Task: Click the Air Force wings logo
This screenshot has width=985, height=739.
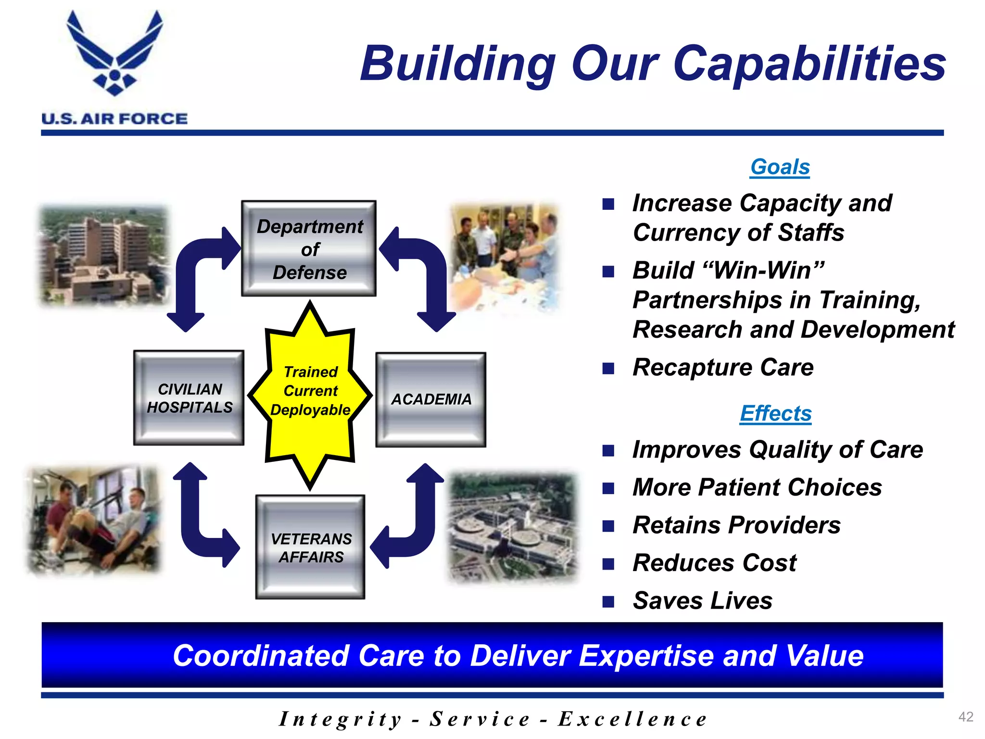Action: [x=114, y=53]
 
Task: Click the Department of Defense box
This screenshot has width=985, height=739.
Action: [x=309, y=248]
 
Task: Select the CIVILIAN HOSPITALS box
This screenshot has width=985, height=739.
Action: [x=189, y=398]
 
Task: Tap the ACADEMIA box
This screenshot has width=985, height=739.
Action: [x=431, y=399]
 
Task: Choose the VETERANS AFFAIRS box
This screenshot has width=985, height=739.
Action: [x=310, y=547]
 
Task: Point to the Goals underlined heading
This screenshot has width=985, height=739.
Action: [x=780, y=167]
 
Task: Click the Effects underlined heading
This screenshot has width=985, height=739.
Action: [x=775, y=413]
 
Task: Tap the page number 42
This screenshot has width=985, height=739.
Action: [x=966, y=716]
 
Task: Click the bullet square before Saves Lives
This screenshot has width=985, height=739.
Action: [x=608, y=601]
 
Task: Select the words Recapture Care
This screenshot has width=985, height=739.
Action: [x=723, y=367]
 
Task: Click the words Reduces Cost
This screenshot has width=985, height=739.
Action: [x=714, y=562]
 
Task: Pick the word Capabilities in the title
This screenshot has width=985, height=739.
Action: [x=809, y=64]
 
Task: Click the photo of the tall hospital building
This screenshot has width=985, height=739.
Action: [x=104, y=255]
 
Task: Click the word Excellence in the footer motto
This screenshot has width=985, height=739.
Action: [x=632, y=719]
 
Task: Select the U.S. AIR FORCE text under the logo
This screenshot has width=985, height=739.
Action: [x=114, y=119]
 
